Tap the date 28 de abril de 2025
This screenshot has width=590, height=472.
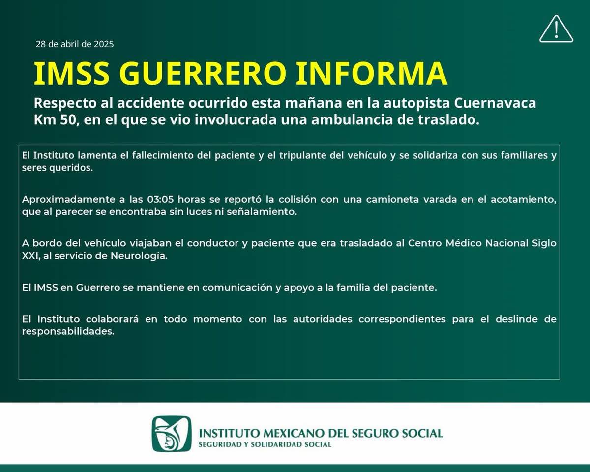(75, 44)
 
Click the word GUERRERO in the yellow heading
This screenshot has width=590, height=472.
(203, 73)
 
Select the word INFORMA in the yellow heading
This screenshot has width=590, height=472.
(372, 73)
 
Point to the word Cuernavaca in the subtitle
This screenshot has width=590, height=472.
(495, 103)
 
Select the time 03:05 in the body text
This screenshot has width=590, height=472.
(160, 199)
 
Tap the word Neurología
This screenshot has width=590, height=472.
(139, 256)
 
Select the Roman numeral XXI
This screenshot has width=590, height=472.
(30, 256)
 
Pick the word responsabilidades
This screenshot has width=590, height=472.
(68, 331)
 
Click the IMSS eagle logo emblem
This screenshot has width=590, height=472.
(172, 434)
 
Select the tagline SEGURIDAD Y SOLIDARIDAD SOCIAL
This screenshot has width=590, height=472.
(265, 444)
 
